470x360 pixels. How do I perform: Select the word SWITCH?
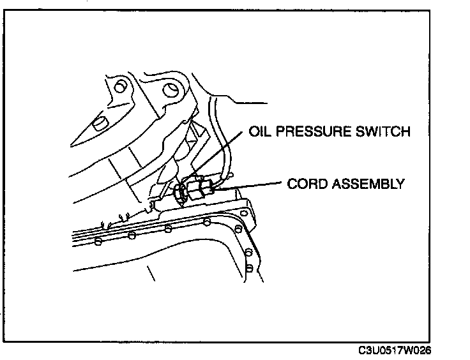[383, 133]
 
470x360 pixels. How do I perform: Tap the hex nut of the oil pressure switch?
[179, 191]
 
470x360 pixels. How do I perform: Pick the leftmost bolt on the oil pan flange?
[98, 242]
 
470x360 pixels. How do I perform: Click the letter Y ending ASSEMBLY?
[400, 184]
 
